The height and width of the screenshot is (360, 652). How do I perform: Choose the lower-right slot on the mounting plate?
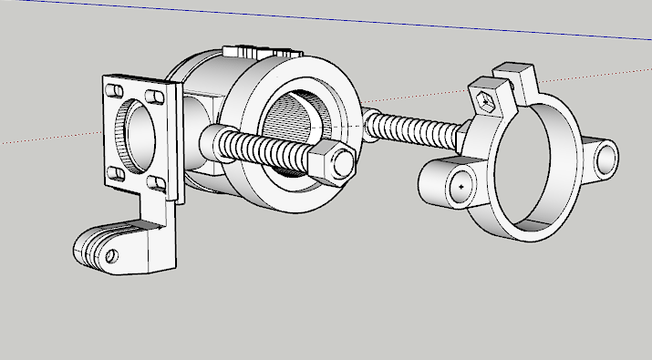tap(158, 186)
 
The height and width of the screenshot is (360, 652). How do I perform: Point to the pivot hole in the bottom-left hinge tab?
tap(111, 256)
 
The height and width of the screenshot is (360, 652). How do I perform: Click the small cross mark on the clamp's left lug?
tap(462, 185)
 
